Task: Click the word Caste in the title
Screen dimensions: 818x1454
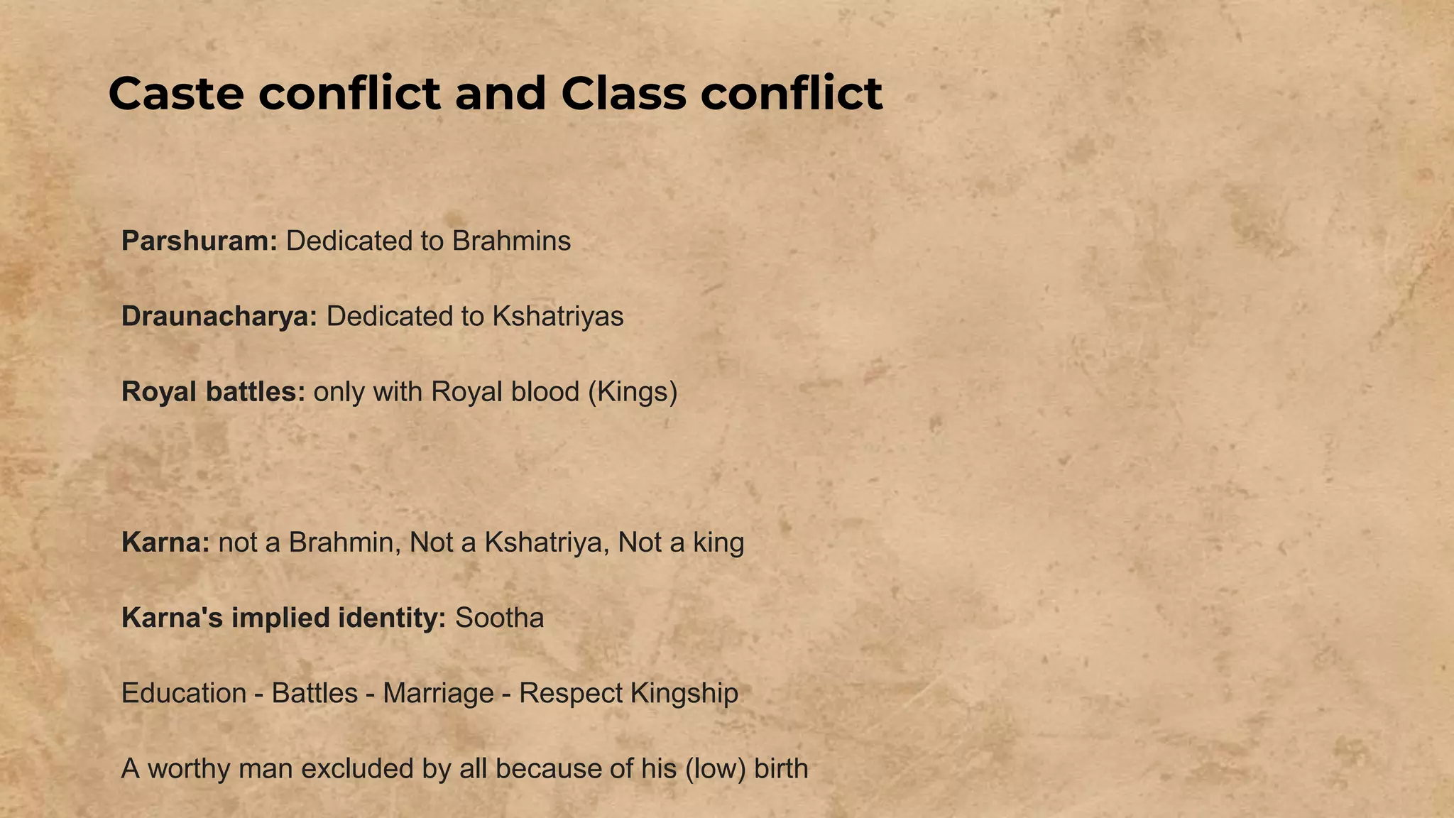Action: (176, 94)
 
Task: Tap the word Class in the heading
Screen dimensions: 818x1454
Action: (623, 94)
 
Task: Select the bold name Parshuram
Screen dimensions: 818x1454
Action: (199, 241)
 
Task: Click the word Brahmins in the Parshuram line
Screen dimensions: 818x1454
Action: (511, 241)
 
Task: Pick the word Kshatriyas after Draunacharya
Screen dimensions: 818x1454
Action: (557, 317)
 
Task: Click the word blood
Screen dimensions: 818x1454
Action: (544, 392)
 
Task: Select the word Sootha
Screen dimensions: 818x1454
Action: (499, 618)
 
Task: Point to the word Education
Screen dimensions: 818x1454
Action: (184, 694)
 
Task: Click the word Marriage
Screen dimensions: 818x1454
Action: (438, 694)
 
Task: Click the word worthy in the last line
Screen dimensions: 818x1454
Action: (188, 769)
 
